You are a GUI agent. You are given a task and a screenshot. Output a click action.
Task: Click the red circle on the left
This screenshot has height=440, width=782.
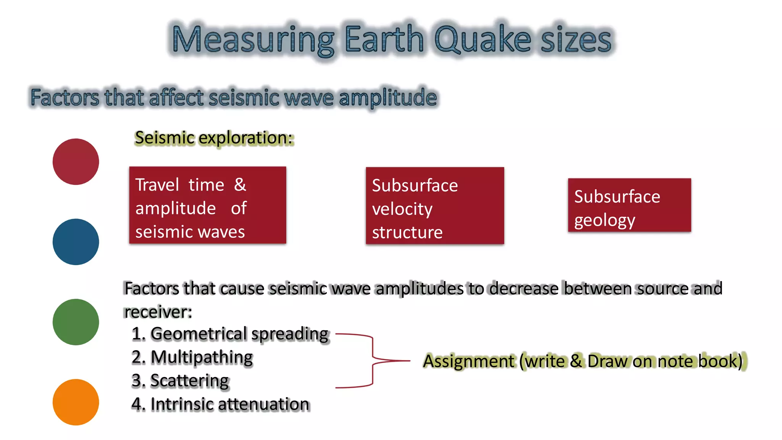pos(76,162)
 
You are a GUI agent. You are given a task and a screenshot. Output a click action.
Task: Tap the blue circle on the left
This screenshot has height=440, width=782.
pos(76,242)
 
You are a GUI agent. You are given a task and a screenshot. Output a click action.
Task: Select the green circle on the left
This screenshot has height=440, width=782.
pos(76,322)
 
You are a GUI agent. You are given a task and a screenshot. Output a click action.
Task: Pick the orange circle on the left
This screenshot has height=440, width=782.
pos(76,402)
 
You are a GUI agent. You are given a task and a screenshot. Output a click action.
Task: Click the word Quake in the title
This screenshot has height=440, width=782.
pos(483,39)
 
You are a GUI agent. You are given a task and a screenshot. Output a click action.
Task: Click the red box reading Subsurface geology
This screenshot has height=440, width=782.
pos(629,205)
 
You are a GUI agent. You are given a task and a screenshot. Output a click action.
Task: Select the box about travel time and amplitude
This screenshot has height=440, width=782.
pos(207,205)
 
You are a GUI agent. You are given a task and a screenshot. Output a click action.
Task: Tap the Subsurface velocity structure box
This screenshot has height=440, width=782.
pos(435,205)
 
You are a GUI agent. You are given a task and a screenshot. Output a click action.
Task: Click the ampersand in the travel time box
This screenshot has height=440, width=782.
pos(240,185)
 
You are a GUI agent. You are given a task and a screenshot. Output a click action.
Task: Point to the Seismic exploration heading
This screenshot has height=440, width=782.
pos(214,138)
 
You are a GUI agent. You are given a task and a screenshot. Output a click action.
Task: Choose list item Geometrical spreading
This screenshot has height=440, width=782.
pos(230,334)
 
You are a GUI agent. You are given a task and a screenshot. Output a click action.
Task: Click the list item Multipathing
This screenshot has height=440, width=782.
pos(192,357)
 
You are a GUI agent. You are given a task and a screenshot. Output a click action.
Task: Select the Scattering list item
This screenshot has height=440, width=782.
pos(180,381)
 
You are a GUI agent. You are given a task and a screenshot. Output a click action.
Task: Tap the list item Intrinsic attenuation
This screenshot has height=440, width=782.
pos(220,404)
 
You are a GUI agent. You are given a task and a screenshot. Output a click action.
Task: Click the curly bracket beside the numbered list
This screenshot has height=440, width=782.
pos(372,361)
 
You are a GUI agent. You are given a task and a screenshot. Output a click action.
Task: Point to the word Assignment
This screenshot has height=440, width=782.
pos(469,361)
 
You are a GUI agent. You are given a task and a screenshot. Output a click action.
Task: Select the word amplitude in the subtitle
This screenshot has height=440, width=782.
pos(388,97)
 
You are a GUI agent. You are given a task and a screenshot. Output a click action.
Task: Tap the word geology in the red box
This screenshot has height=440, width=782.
pos(604,220)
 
